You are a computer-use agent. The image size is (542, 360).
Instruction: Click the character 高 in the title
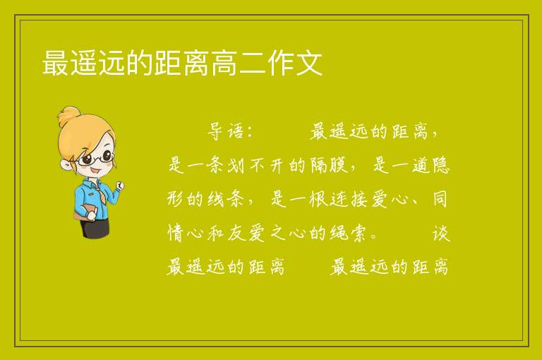(224, 63)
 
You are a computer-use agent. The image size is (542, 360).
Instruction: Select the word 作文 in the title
(295, 63)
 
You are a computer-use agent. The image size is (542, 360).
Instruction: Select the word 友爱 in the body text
(246, 233)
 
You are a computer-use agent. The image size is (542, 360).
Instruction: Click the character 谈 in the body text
(441, 233)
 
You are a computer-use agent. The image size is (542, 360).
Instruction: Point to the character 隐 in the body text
(441, 165)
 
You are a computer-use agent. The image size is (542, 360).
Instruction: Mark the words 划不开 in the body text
(256, 165)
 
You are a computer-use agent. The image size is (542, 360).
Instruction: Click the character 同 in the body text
(440, 199)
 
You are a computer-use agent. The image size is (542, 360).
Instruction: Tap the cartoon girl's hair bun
(69, 114)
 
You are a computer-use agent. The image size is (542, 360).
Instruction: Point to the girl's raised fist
(120, 186)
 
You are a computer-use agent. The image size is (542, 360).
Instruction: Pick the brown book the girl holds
(84, 212)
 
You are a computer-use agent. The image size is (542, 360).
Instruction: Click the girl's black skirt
(95, 228)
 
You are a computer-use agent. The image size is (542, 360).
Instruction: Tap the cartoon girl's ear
(66, 164)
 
